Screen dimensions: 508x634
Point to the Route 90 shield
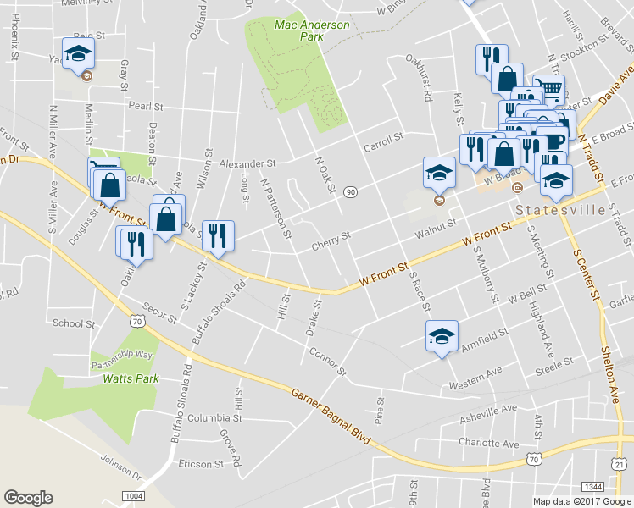click(350, 192)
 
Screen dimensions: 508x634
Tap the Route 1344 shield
click(592, 487)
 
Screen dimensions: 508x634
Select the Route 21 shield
click(620, 466)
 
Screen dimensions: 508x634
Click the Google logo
click(28, 498)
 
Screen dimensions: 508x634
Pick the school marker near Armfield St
click(441, 337)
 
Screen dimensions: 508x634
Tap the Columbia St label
click(215, 418)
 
